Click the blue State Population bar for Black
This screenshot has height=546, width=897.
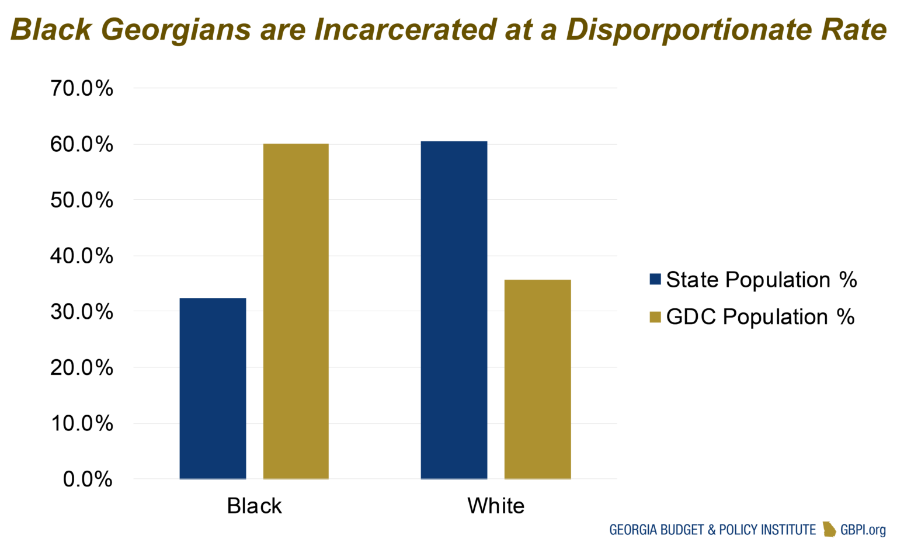pyautogui.click(x=213, y=388)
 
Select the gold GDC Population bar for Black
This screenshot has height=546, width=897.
pyautogui.click(x=296, y=311)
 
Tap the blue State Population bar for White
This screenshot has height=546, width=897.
pyautogui.click(x=454, y=310)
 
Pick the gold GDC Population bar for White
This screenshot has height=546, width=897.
pyautogui.click(x=537, y=380)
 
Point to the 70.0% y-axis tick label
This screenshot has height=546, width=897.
pyautogui.click(x=82, y=89)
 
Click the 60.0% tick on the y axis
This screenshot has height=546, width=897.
pyautogui.click(x=82, y=144)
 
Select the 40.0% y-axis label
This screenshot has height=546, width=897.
pyautogui.click(x=82, y=256)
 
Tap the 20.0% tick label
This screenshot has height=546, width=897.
pyautogui.click(x=82, y=367)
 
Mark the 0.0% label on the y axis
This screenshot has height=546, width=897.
pyautogui.click(x=88, y=479)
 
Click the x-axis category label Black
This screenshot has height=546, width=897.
pyautogui.click(x=254, y=506)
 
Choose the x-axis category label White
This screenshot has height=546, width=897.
pyautogui.click(x=496, y=506)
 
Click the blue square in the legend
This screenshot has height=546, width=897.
pyautogui.click(x=655, y=280)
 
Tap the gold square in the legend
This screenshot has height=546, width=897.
pyautogui.click(x=655, y=317)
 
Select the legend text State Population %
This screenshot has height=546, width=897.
pyautogui.click(x=761, y=280)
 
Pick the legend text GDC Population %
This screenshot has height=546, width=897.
pyautogui.click(x=760, y=317)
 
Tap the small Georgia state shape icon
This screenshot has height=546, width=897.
pyautogui.click(x=829, y=529)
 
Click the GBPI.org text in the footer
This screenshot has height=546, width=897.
pyautogui.click(x=863, y=530)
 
